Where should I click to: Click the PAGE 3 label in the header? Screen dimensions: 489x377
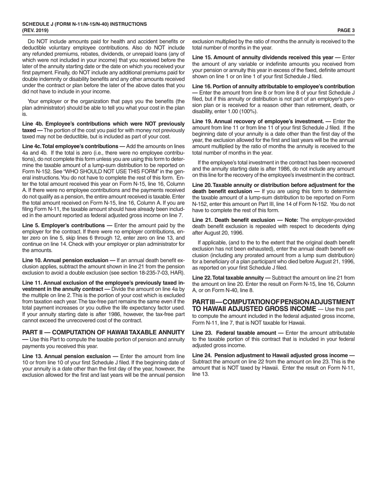click(346, 30)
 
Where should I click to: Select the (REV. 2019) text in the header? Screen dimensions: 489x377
click(36, 30)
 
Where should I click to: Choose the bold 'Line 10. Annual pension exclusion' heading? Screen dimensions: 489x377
click(65, 260)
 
